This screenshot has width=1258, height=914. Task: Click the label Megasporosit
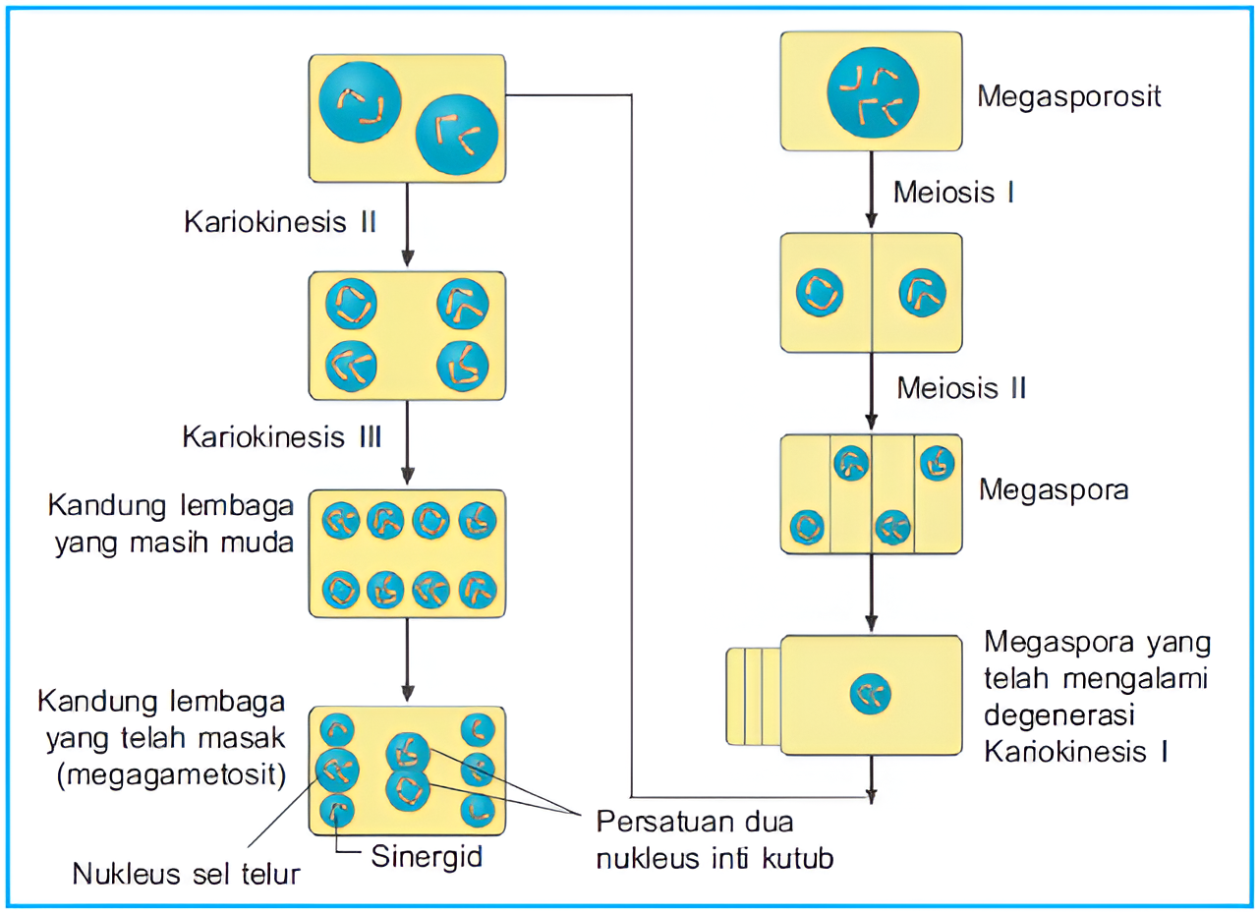point(1069,96)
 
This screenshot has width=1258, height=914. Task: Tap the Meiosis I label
point(953,192)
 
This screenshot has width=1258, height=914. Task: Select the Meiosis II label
point(961,388)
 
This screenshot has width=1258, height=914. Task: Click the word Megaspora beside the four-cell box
point(1054,489)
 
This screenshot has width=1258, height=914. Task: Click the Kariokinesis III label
point(282,436)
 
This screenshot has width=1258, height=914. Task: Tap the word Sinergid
point(428,856)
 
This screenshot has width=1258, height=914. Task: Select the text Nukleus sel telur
point(186,874)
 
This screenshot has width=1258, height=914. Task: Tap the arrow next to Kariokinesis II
point(408,226)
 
